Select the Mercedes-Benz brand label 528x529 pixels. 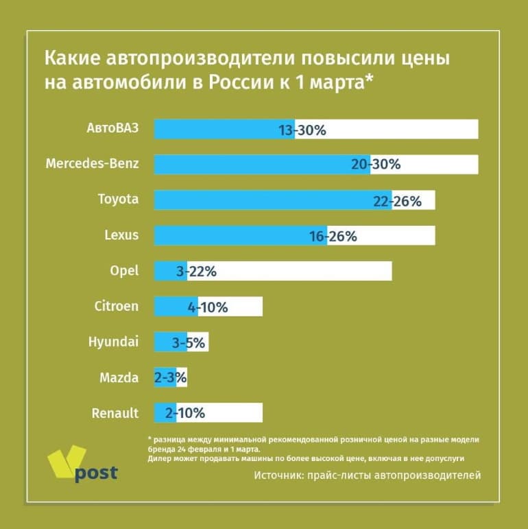[92, 164]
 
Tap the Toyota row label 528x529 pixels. [117, 200]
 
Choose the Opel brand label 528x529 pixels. [124, 271]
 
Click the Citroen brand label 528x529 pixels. [116, 307]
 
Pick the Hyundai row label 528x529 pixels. [113, 342]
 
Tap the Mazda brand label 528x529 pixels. [119, 377]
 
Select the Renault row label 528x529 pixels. [115, 413]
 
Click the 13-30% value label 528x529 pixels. [302, 129]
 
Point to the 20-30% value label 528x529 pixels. [376, 165]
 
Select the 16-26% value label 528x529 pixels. [333, 236]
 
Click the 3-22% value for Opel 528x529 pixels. [196, 272]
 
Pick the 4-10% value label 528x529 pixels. [208, 307]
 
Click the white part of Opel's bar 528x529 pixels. [309, 271]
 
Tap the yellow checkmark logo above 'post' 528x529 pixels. [65, 459]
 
